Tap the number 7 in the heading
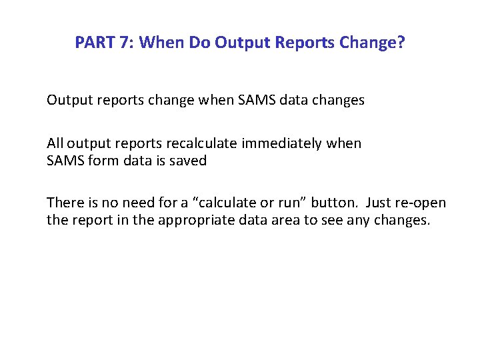pyautogui.click(x=125, y=43)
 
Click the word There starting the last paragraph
pyautogui.click(x=63, y=203)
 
